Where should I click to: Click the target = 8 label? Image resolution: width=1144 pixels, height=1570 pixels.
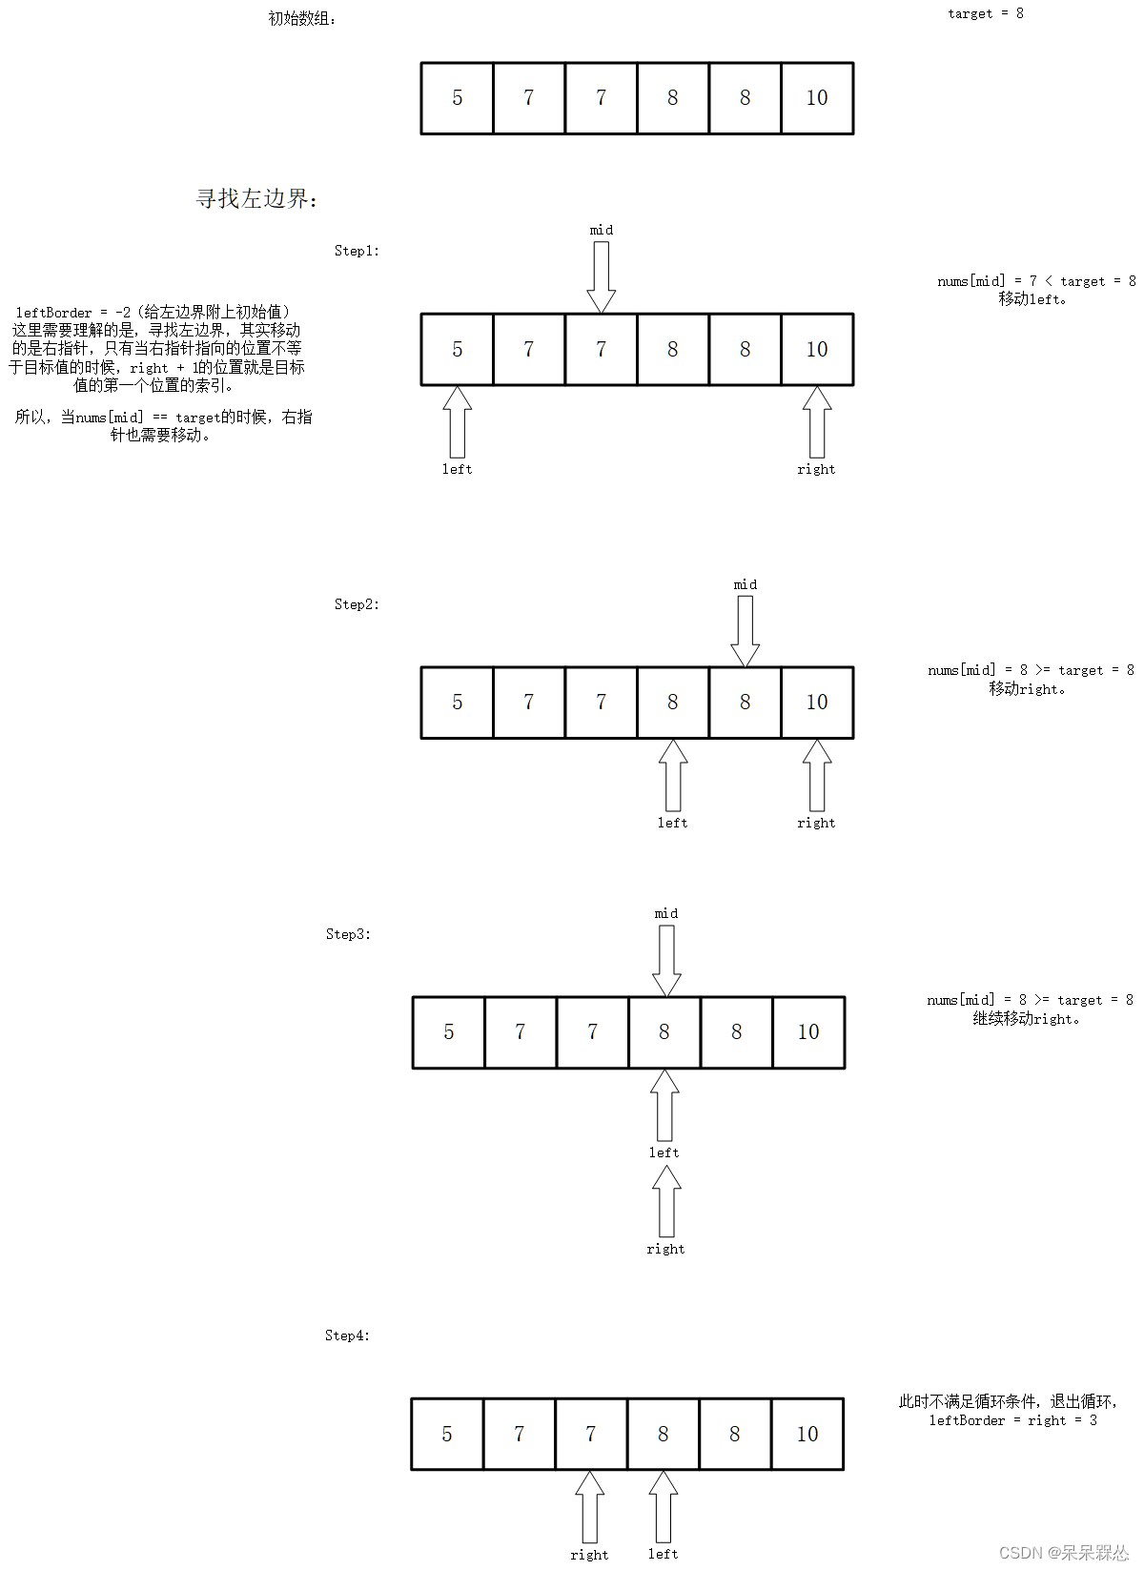[x=985, y=13]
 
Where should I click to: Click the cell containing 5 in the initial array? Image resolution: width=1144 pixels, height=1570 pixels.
[x=458, y=98]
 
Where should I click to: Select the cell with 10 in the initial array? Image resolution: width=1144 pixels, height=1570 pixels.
[x=817, y=98]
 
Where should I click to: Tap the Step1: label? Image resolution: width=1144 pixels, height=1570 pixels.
[x=357, y=251]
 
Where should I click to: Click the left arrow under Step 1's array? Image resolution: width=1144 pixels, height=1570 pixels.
[x=458, y=422]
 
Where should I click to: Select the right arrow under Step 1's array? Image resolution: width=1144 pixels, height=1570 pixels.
[x=817, y=422]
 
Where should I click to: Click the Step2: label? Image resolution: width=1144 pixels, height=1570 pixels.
[x=357, y=604]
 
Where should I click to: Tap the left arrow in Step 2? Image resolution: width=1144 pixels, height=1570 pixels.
[x=673, y=775]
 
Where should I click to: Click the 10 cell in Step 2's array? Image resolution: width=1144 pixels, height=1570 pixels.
[x=817, y=703]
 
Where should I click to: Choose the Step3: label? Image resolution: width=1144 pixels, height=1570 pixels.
[x=348, y=934]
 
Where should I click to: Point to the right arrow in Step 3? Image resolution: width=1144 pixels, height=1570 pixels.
[x=666, y=1201]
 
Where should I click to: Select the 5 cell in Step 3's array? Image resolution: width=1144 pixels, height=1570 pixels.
[x=449, y=1032]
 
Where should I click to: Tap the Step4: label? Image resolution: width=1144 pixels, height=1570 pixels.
[x=347, y=1336]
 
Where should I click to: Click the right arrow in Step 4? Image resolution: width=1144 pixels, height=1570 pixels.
[x=589, y=1507]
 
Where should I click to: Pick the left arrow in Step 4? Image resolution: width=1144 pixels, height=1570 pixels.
[x=664, y=1507]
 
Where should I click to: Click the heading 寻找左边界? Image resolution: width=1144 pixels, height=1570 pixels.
[x=256, y=199]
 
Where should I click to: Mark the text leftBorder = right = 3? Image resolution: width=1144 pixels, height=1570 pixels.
[x=1012, y=1420]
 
